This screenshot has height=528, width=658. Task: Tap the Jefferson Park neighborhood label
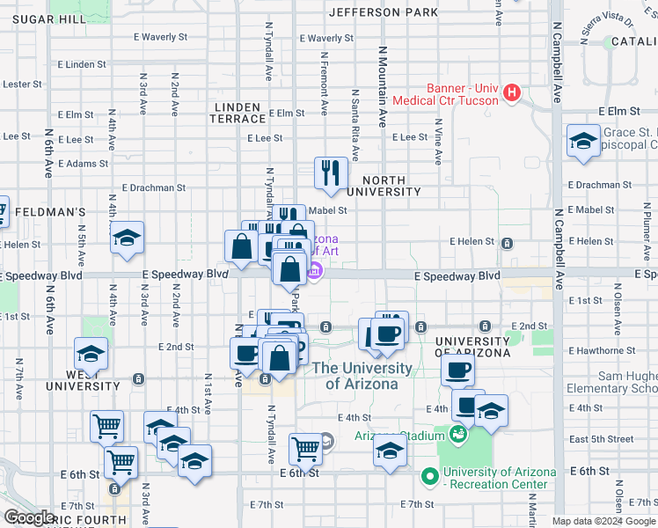coord(383,12)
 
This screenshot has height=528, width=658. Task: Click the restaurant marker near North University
coord(332,173)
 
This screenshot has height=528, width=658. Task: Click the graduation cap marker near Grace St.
coord(582,143)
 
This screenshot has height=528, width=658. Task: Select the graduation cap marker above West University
coord(91,355)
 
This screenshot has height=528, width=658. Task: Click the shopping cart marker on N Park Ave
coord(306,449)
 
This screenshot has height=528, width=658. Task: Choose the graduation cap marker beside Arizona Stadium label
coord(390,452)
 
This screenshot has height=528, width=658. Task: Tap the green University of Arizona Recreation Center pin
coord(430,478)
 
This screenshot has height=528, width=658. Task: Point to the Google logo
coord(28,518)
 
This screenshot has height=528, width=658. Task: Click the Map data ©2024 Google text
coord(603,521)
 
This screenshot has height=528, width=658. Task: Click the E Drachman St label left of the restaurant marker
coord(154,187)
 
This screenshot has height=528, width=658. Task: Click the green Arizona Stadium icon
coord(457,433)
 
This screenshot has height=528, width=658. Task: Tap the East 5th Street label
coord(601,439)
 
